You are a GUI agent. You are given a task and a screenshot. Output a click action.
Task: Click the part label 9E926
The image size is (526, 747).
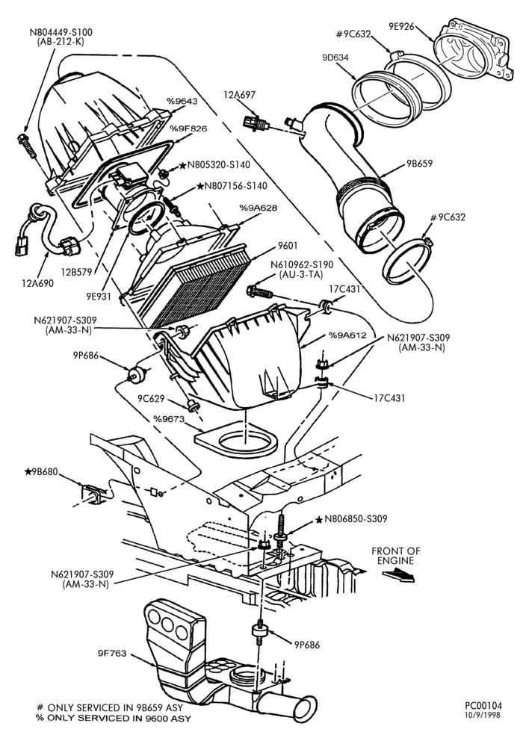coord(401,27)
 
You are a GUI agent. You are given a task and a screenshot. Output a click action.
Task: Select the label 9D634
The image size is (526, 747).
coord(335,58)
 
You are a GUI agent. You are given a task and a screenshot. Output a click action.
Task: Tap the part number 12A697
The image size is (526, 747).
coord(239,95)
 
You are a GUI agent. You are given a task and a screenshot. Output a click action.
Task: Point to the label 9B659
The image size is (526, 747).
coord(419,164)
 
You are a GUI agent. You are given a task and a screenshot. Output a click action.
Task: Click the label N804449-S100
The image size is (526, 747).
coord(61,32)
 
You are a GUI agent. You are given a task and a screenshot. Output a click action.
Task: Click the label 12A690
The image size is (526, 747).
coord(37,283)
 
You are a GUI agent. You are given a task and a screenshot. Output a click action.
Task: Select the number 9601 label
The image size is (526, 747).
coord(288,246)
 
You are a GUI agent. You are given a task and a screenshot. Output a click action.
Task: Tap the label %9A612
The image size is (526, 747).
coord(347,335)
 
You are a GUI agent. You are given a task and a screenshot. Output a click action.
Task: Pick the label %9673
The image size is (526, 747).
coord(168,419)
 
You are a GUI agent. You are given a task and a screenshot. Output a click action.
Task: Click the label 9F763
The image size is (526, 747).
coord(112,653)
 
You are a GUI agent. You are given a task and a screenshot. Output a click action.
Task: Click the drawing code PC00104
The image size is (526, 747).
coord(483,706)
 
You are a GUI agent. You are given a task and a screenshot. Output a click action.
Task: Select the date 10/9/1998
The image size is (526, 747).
coord(483,715)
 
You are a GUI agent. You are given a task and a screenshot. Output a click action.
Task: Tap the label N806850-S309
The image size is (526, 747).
coord(356,519)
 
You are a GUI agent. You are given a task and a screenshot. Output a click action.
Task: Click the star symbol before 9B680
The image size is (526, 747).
coord(28,471)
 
